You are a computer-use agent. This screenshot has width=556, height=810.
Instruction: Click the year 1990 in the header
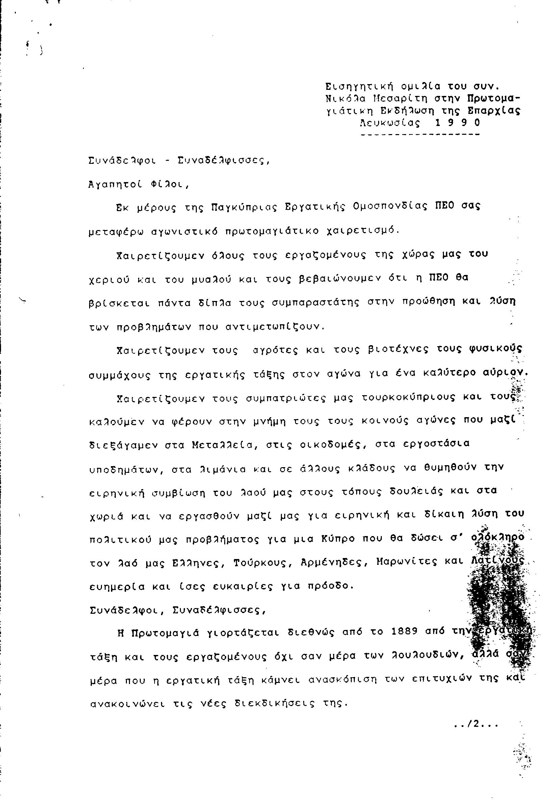(458, 123)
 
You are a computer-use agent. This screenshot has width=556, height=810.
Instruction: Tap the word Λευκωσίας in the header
(391, 123)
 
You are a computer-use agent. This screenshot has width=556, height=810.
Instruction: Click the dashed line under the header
(420, 134)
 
